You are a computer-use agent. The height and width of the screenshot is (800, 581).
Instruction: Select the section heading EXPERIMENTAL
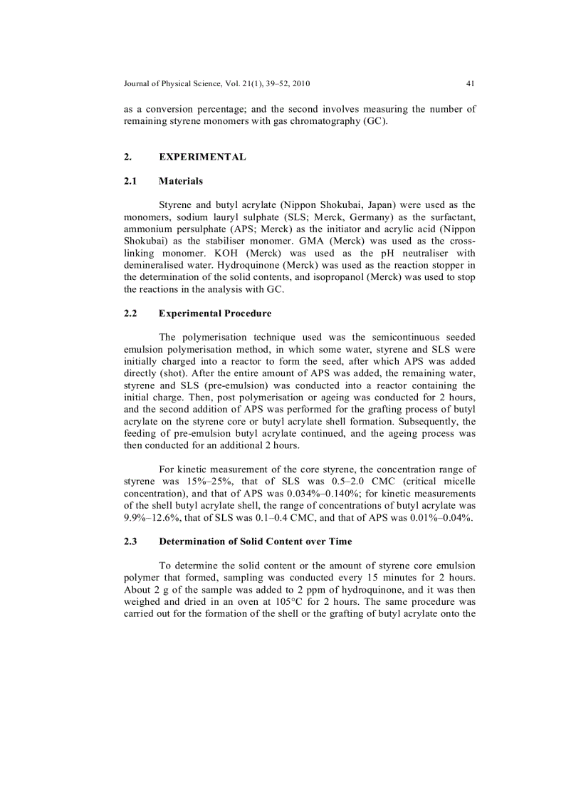tap(203, 157)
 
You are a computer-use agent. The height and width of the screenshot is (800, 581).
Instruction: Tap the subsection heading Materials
tap(180, 181)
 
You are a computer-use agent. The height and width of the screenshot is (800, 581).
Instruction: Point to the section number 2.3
tap(130, 541)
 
